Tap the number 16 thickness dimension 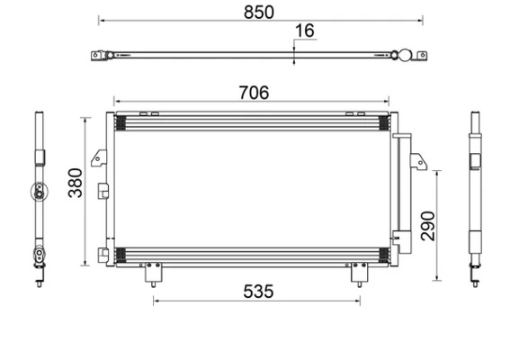pyautogui.click(x=305, y=31)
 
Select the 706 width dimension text pyautogui.click(x=252, y=92)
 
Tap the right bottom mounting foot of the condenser pyautogui.click(x=361, y=272)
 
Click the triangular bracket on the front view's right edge pyautogui.click(x=417, y=162)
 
